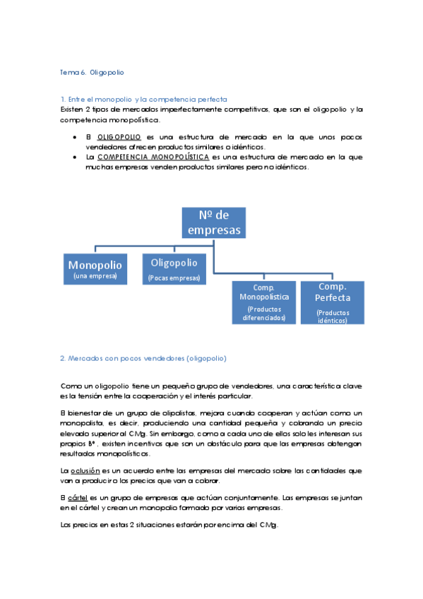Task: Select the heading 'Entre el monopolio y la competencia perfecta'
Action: [x=148, y=100]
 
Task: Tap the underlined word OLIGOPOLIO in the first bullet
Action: [x=119, y=136]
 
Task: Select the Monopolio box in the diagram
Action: [x=95, y=268]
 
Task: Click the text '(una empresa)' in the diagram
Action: [x=95, y=276]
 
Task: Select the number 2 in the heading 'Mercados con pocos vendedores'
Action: [x=63, y=358]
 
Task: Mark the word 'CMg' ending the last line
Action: [x=269, y=525]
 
